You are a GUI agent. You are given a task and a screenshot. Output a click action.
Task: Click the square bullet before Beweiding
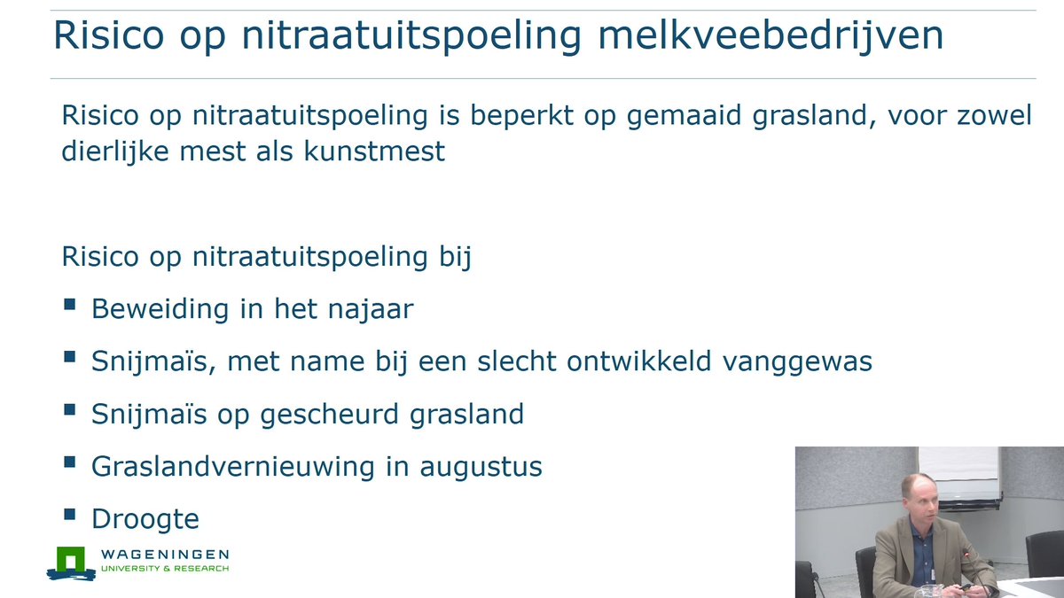pyautogui.click(x=70, y=306)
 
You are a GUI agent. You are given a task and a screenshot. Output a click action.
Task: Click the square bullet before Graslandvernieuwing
pyautogui.click(x=70, y=462)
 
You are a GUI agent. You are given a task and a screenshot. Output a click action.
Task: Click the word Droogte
pyautogui.click(x=145, y=518)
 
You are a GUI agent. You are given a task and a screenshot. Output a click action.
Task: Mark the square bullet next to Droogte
pyautogui.click(x=70, y=514)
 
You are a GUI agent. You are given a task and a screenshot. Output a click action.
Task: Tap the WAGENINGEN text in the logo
pyautogui.click(x=164, y=555)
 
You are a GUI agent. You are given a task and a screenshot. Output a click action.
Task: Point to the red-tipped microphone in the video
pyautogui.click(x=966, y=554)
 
